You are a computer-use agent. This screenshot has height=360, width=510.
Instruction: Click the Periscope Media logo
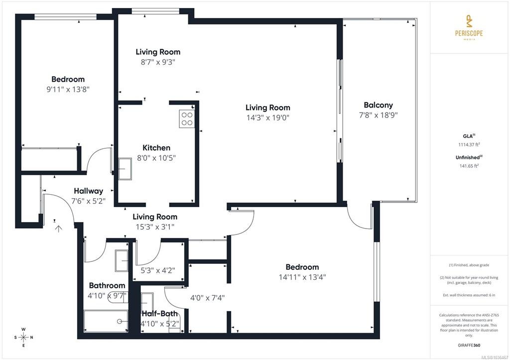(x=469, y=27)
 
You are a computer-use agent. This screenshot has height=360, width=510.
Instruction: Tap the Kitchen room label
(x=156, y=148)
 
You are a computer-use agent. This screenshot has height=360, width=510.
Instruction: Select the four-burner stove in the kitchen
(x=187, y=119)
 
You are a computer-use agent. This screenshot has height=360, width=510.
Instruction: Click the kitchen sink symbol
(x=125, y=169)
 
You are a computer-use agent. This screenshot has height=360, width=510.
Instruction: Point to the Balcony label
(x=379, y=105)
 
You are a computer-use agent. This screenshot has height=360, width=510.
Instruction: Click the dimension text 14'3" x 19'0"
(x=267, y=118)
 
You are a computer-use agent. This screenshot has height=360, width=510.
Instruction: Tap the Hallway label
(x=89, y=191)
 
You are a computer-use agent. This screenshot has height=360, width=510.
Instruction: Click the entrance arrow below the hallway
(x=58, y=229)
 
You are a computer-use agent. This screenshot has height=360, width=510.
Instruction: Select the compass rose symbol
(x=23, y=337)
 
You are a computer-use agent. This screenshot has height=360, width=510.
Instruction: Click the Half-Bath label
(x=160, y=314)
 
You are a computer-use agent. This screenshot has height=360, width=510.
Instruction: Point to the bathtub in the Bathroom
(x=106, y=321)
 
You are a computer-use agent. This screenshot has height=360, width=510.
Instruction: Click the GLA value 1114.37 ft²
(x=469, y=145)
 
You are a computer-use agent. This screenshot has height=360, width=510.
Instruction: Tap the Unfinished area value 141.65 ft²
(x=469, y=166)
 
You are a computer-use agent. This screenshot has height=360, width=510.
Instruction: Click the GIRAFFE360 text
(x=469, y=345)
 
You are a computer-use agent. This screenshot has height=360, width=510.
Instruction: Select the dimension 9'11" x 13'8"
(x=68, y=89)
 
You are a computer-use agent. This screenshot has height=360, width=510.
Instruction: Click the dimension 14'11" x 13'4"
(x=302, y=277)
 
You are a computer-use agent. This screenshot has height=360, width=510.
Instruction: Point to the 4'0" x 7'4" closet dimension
(x=207, y=298)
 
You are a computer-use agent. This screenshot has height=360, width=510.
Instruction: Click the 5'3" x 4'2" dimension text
(x=158, y=270)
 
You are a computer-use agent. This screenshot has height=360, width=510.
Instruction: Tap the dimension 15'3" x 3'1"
(x=155, y=227)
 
